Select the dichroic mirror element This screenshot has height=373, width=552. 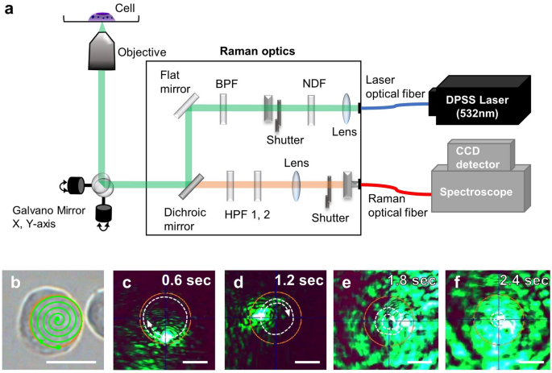pos(190,186)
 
